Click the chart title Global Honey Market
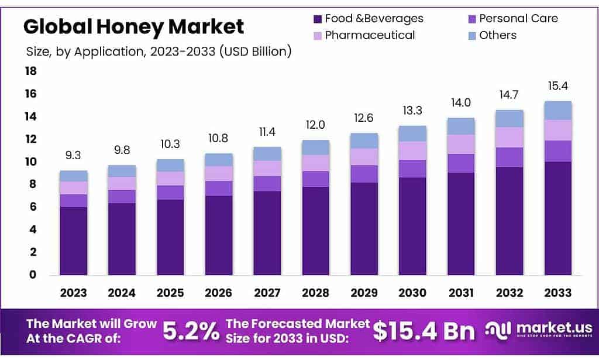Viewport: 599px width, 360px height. coord(133,26)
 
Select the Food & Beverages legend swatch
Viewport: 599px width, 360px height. coord(318,19)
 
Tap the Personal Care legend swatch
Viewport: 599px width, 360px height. coord(471,19)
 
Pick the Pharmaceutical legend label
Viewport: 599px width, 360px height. coord(370,35)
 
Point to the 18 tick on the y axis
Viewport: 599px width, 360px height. coord(30,71)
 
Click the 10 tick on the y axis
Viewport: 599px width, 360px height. coord(30,162)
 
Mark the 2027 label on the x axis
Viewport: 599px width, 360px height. coord(267,293)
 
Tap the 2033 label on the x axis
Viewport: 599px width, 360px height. coord(557,293)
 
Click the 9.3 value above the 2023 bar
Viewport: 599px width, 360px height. coord(73,156)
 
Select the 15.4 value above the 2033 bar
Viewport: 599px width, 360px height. coord(557,86)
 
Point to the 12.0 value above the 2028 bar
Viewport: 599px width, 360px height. coord(315,125)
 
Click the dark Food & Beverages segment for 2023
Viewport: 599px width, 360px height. coord(74,241)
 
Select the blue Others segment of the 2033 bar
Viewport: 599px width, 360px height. coord(557,111)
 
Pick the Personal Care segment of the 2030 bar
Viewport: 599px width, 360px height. coord(412,169)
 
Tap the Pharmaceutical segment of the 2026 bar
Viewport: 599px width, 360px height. coord(219,173)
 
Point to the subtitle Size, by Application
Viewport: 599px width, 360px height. coord(159,52)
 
